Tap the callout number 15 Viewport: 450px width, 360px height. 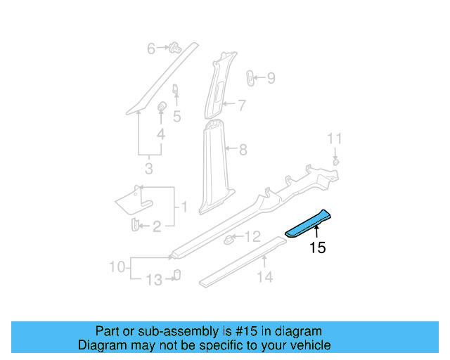[x=318, y=247]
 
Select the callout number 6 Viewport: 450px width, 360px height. [x=150, y=49]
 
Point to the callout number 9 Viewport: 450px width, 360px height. [x=271, y=78]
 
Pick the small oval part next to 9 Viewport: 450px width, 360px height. [x=251, y=77]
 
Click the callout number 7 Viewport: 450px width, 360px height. [x=241, y=106]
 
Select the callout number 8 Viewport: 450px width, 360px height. [x=243, y=149]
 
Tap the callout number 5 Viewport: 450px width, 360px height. [x=176, y=117]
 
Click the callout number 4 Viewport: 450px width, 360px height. [x=160, y=134]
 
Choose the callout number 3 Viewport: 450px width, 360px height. [x=148, y=169]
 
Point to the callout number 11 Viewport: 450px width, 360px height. [x=335, y=138]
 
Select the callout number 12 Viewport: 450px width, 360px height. [x=252, y=236]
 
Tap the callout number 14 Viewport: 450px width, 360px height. [x=264, y=277]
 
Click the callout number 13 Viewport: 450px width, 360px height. [x=153, y=281]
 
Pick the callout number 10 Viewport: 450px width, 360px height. [x=117, y=266]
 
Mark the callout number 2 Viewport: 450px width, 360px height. [x=157, y=226]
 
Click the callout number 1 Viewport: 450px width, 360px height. [x=184, y=207]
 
